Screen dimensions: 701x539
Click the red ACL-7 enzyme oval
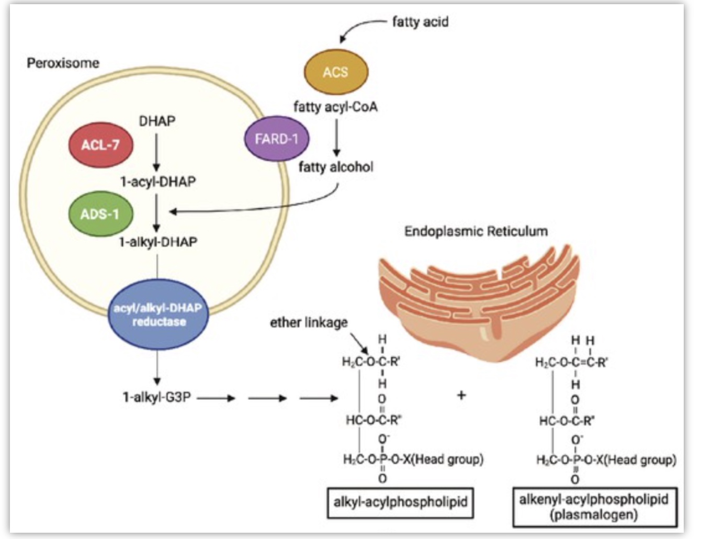pos(100,145)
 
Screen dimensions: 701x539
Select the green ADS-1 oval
pos(100,214)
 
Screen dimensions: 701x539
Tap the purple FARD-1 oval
pos(276,139)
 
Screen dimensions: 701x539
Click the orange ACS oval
pos(336,72)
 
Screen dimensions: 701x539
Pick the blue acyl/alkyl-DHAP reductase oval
pos(158,315)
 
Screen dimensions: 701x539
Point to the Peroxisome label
pos(63,63)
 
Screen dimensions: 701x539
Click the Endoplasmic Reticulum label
pos(476,231)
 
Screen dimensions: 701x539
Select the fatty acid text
pos(421,22)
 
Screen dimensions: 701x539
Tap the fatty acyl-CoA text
pos(335,107)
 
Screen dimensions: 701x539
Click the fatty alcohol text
pos(336,167)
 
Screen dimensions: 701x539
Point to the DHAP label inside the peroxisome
pos(157,121)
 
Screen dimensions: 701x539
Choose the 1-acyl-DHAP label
pos(158,182)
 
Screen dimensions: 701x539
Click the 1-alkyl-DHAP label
pos(158,242)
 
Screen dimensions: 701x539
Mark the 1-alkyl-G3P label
pos(157,397)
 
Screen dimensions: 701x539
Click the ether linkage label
pos(309,322)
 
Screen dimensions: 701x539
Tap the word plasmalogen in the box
pos(594,515)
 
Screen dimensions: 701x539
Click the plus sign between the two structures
pos(461,395)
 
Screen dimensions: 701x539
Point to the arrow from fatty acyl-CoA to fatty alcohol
pos(336,138)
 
